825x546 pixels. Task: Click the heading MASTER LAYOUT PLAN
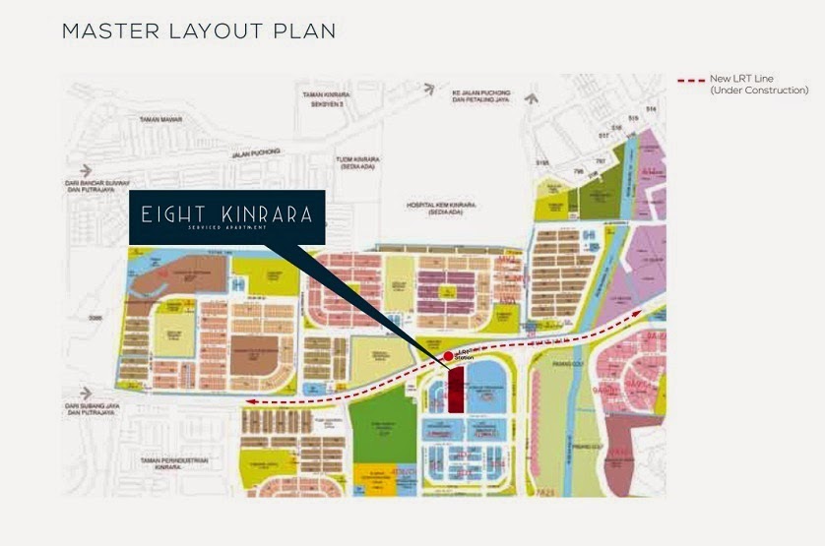click(x=199, y=31)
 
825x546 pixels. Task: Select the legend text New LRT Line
click(x=745, y=80)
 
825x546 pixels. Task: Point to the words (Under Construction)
click(x=759, y=91)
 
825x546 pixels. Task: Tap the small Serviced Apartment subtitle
click(x=226, y=227)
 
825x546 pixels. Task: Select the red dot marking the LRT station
click(x=448, y=355)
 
